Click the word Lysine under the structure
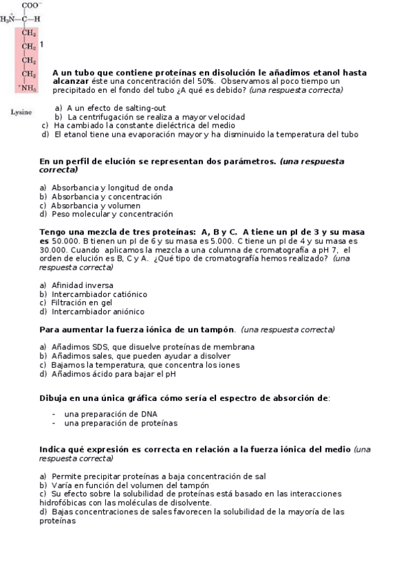pyautogui.click(x=22, y=112)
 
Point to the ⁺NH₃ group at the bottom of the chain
pyautogui.click(x=28, y=88)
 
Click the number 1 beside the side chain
pyautogui.click(x=42, y=45)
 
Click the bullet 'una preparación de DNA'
pyautogui.click(x=111, y=415)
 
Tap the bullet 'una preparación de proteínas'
pyautogui.click(x=120, y=423)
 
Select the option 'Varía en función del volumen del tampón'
pyautogui.click(x=130, y=485)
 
